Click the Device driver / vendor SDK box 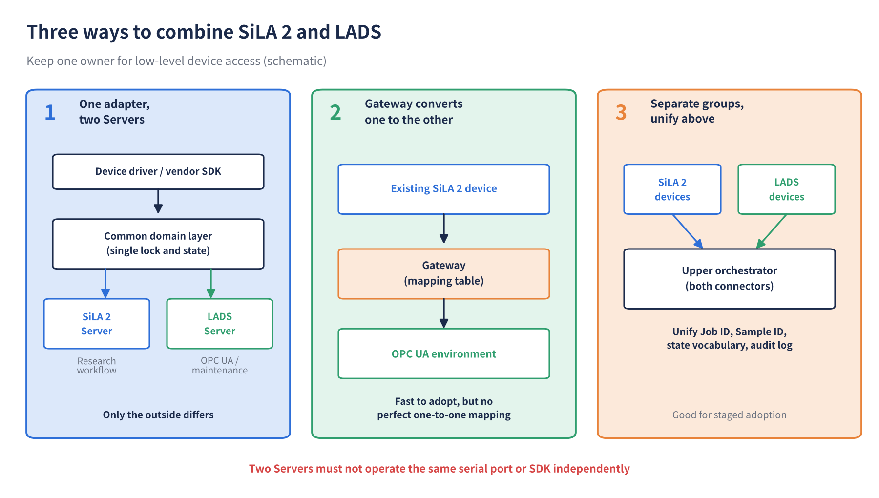pos(158,171)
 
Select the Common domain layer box pos(158,244)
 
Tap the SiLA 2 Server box pos(97,324)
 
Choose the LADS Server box pos(220,324)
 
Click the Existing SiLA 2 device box pos(444,189)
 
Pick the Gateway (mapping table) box pos(444,273)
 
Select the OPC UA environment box pos(444,353)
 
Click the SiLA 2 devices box pos(672,189)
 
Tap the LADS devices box pos(787,189)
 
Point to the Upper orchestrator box pos(730,278)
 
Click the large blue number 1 pos(50,113)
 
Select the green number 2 pos(335,113)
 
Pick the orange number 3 pos(621,113)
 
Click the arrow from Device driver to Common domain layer pos(158,201)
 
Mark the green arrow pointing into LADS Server pos(211,283)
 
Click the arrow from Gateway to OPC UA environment pos(444,313)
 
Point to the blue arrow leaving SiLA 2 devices pos(688,231)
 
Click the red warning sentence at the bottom pos(439,469)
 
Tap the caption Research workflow pos(97,366)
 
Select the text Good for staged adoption pos(730,415)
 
